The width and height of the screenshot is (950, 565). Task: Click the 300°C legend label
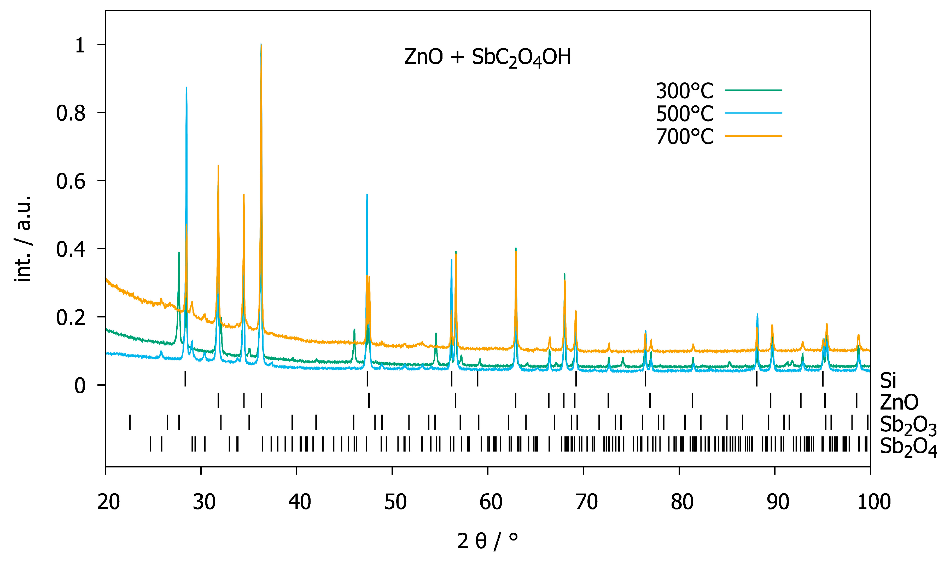coord(684,91)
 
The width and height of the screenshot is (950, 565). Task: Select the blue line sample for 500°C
coord(753,113)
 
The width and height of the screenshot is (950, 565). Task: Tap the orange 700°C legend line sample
coord(753,136)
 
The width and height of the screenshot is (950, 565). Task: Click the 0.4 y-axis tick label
coord(71,249)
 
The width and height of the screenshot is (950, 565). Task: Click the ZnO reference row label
coord(899,402)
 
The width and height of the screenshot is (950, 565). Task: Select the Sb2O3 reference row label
coord(908,425)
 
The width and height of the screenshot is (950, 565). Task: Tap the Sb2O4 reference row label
coord(908,447)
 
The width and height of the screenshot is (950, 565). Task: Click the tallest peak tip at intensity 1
coord(261,45)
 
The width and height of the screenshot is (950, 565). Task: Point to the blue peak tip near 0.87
coord(186,88)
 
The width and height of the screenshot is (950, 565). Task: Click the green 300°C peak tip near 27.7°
coord(179,253)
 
